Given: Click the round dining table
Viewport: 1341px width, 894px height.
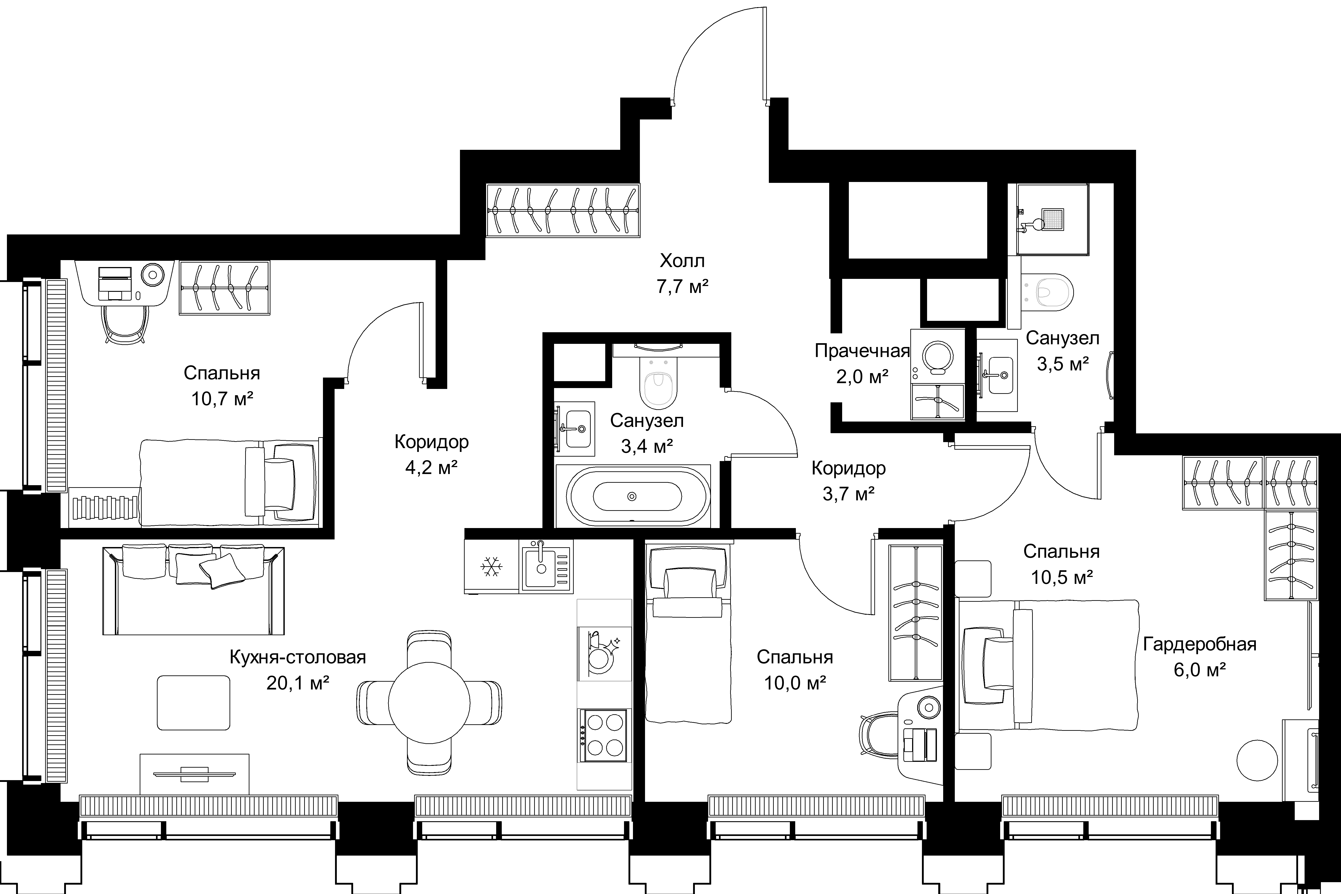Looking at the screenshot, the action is [429, 703].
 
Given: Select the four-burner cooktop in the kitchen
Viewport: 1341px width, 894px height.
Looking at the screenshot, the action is [604, 735].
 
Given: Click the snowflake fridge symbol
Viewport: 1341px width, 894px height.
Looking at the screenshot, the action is [490, 567].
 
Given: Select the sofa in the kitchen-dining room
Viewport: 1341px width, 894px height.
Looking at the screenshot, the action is [193, 590].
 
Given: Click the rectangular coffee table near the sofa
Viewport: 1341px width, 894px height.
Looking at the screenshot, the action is [194, 702].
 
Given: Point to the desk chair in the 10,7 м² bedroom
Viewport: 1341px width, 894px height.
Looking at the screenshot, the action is [124, 323].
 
